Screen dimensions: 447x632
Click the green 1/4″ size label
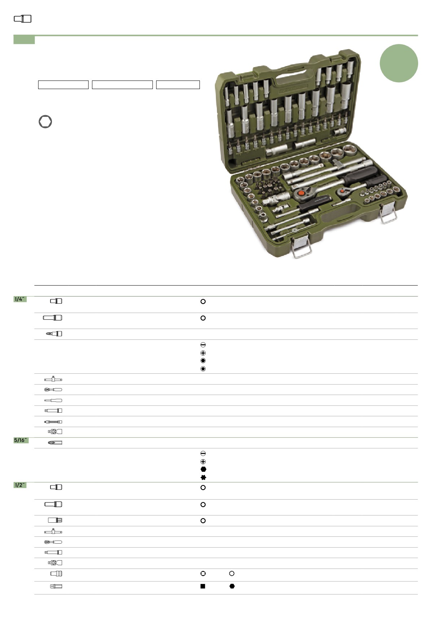point(20,299)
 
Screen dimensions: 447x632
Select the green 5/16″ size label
point(21,440)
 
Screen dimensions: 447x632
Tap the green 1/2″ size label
point(20,485)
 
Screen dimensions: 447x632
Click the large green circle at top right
point(399,63)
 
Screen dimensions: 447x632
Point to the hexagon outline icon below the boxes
point(45,122)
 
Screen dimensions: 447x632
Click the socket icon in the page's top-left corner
point(23,19)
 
